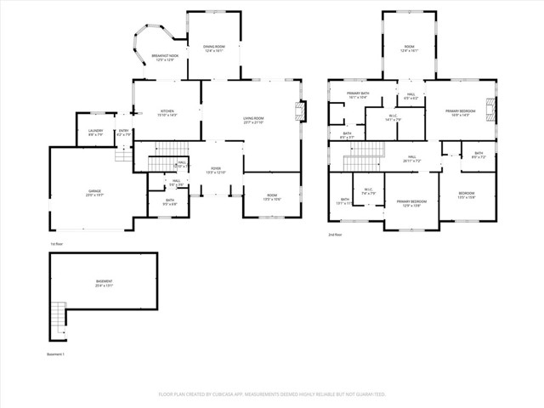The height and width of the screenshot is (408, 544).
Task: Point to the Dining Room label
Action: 213,48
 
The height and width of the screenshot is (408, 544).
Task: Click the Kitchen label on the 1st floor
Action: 167,112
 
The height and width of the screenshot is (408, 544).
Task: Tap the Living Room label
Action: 253,121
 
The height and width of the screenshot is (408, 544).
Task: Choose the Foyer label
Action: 217,171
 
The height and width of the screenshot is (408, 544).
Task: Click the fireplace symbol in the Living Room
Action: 298,110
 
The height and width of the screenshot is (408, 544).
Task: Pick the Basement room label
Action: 103,283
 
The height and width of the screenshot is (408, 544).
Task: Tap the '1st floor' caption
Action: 56,244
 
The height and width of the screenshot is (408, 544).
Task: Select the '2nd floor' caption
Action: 336,235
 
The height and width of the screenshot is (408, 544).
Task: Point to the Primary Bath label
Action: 357,95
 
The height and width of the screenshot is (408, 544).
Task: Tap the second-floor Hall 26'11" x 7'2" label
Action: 411,158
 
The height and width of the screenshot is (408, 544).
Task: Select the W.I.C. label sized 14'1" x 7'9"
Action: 393,117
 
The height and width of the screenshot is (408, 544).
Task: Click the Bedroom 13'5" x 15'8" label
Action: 467,195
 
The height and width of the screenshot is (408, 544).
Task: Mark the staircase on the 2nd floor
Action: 364,154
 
